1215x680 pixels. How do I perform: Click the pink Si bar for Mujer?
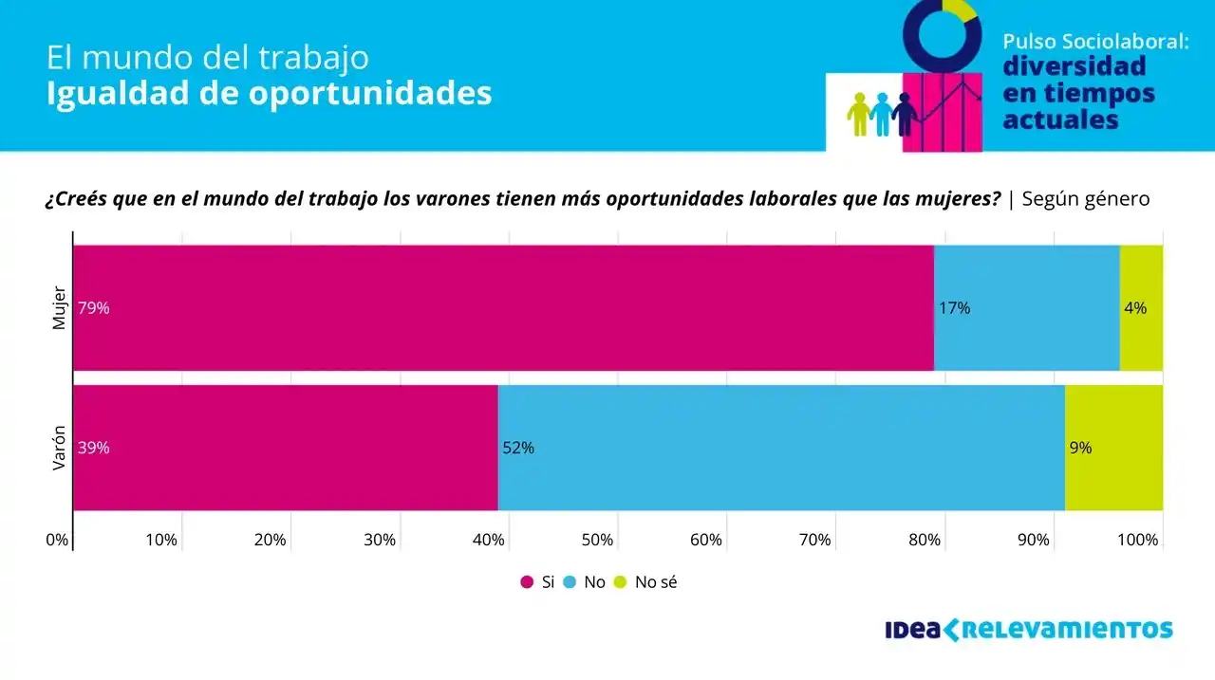(503, 308)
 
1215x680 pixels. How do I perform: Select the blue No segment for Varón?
(781, 448)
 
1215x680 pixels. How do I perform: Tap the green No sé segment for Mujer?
(1141, 308)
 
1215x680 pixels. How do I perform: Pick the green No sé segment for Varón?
(1113, 448)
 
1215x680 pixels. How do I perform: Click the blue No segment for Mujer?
(1027, 308)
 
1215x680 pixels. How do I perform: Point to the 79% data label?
(94, 308)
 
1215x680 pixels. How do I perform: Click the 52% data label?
(518, 449)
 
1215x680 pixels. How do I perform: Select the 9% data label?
(1080, 449)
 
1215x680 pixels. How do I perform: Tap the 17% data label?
(954, 308)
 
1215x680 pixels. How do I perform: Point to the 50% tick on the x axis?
(597, 541)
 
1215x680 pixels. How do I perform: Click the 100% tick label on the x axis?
(1137, 541)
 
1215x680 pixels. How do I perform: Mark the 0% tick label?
(57, 541)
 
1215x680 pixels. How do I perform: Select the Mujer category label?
(59, 308)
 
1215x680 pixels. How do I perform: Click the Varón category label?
(59, 448)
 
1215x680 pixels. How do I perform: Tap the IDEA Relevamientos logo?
(1028, 630)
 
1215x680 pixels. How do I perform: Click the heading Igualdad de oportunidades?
(269, 94)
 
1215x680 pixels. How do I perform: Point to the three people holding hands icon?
(881, 114)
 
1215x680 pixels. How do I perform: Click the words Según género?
(1085, 199)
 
